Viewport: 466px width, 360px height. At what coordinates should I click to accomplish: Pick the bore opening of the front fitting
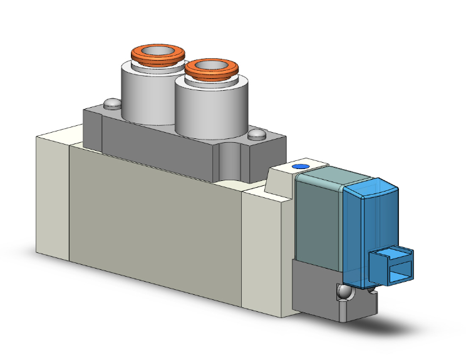[213, 66]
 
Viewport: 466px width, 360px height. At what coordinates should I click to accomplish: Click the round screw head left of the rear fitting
[111, 103]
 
